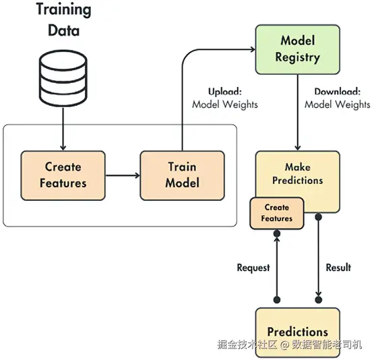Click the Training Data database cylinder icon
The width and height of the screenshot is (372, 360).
[x=63, y=78]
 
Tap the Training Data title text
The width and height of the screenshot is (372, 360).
[x=63, y=20]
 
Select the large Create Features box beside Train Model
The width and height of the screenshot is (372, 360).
[x=63, y=175]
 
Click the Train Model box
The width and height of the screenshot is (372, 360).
[x=182, y=175]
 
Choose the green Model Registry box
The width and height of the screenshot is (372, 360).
[x=297, y=49]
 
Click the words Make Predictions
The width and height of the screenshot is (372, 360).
[x=297, y=174]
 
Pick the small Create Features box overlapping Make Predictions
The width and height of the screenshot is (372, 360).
[x=277, y=213]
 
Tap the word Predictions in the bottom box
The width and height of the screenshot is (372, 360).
[x=297, y=332]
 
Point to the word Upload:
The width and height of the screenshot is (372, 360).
[x=225, y=92]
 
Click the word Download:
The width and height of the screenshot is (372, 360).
[x=338, y=92]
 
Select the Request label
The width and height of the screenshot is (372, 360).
[x=253, y=268]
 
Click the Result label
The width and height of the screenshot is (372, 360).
[x=338, y=267]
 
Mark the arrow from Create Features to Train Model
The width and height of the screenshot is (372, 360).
[x=123, y=175]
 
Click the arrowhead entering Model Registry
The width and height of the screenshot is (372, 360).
[x=253, y=49]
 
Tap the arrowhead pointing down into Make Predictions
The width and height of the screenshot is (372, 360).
[x=297, y=148]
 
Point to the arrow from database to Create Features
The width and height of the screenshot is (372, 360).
[x=63, y=129]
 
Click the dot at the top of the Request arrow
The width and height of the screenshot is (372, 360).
[x=277, y=233]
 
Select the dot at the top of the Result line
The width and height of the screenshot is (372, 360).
[x=318, y=216]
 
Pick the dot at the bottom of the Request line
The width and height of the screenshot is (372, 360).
[x=277, y=300]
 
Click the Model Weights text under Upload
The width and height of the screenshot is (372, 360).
[x=225, y=104]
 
